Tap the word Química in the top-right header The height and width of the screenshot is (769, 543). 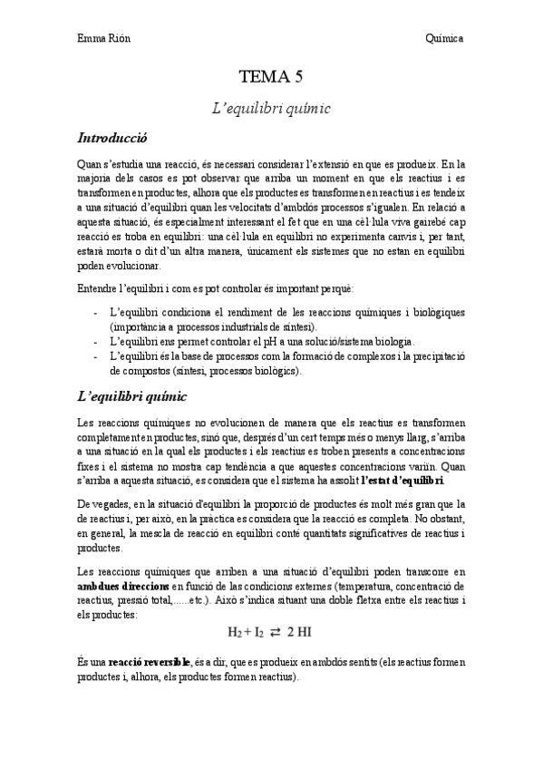(445, 38)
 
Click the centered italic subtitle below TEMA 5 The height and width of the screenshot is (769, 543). (271, 108)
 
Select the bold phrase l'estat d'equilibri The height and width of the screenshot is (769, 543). (403, 479)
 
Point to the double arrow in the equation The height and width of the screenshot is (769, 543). (276, 631)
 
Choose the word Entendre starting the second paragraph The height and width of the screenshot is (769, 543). (98, 288)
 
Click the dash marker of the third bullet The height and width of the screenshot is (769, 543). (96, 356)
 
